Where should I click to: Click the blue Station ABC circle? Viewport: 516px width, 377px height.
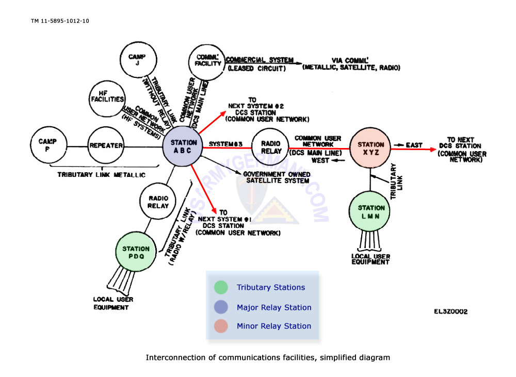point(183,146)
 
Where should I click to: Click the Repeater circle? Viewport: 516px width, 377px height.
point(105,145)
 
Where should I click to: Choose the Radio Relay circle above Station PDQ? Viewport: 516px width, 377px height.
point(158,202)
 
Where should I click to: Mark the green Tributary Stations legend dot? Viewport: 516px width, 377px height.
point(220,288)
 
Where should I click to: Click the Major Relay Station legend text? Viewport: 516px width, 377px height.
point(273,307)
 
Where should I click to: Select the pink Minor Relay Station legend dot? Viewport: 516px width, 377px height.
point(220,326)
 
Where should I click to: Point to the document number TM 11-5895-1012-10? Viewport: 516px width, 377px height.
point(60,21)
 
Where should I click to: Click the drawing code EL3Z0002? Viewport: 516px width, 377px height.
point(450,312)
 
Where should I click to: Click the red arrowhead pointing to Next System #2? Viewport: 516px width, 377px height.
point(223,113)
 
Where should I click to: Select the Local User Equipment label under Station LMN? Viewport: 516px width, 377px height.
point(370,259)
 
